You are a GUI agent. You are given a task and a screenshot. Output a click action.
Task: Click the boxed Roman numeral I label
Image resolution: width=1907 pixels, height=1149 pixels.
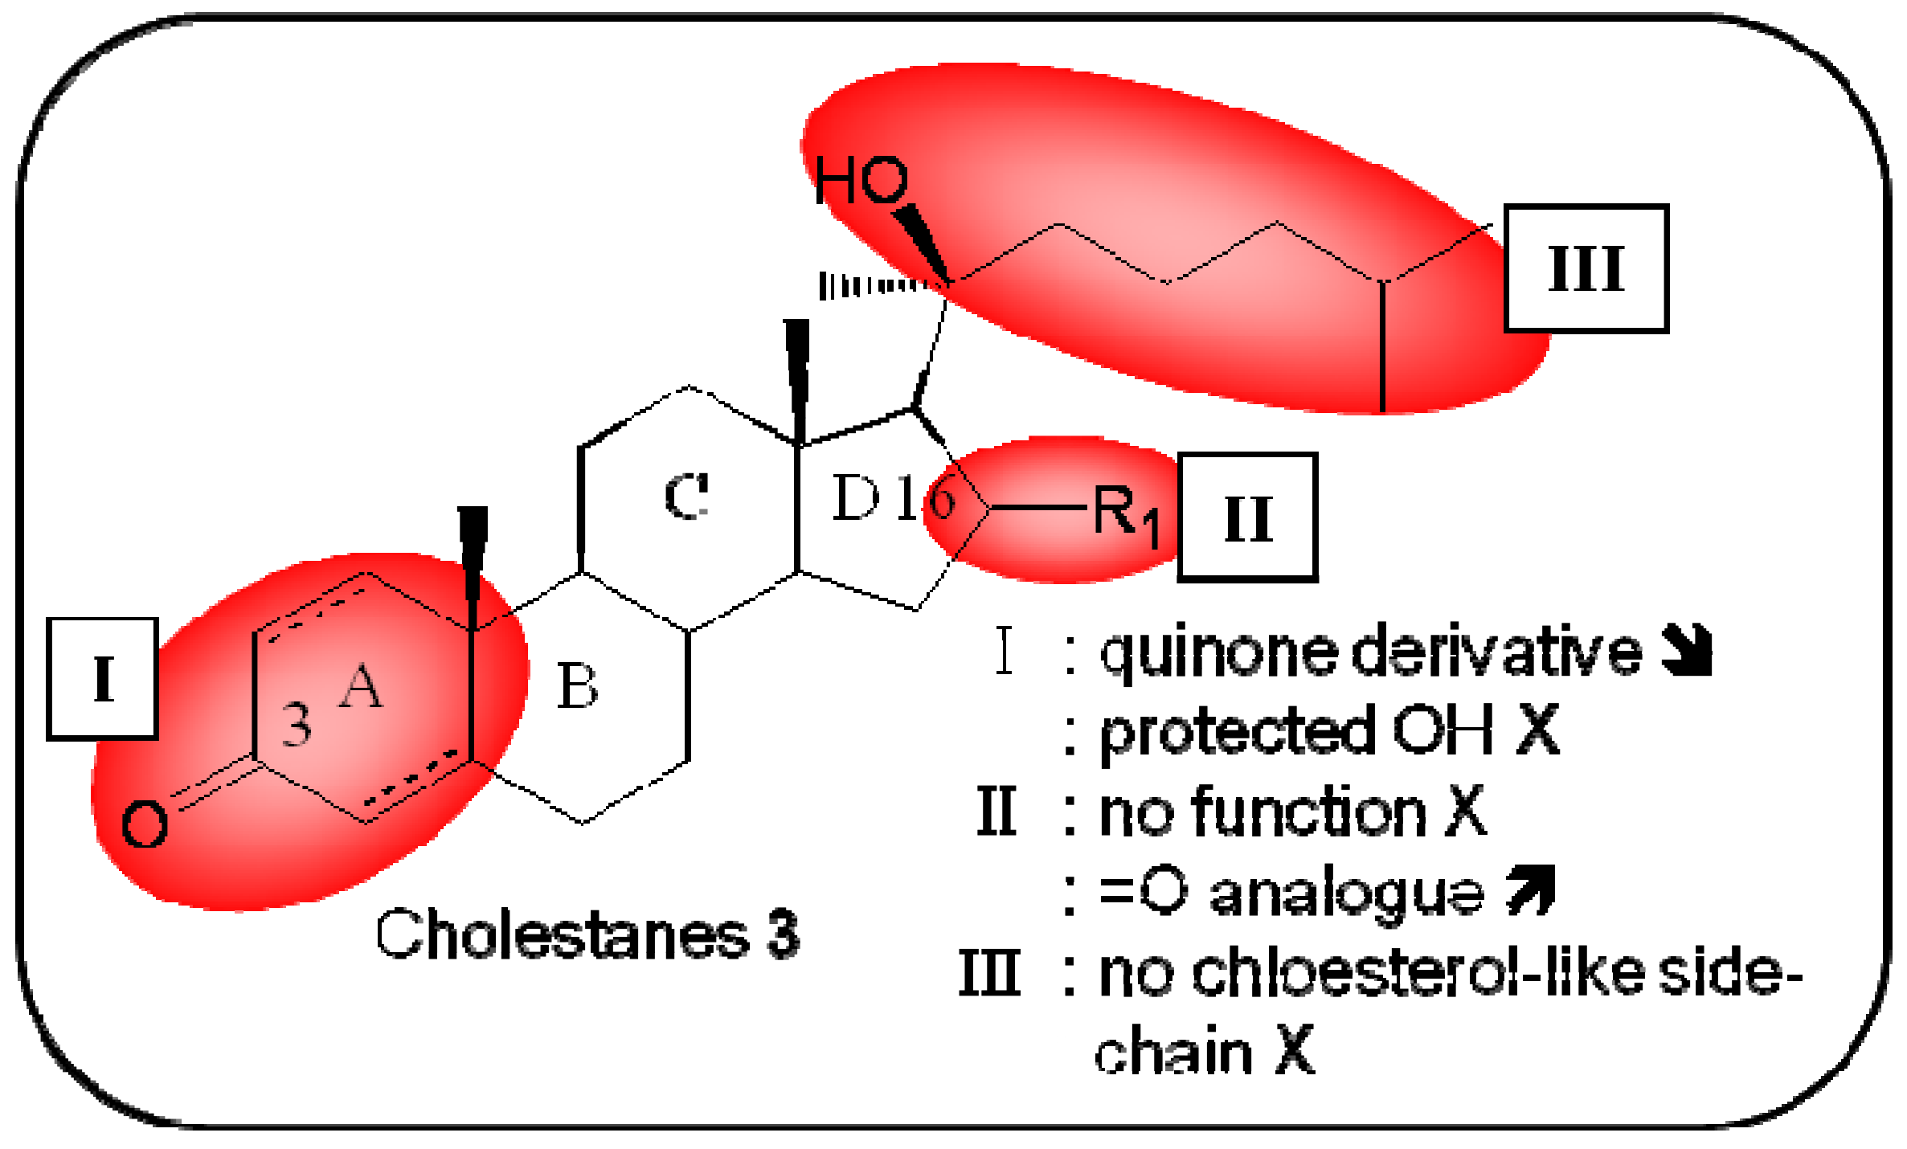coord(102,679)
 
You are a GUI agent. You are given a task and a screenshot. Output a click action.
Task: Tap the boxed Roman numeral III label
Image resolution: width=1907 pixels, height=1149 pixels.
coord(1586,268)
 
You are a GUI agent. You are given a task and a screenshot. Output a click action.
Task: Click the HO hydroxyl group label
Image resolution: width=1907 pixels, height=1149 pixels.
coord(861,179)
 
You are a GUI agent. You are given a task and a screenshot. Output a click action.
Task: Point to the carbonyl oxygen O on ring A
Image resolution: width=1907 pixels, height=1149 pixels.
coord(145,824)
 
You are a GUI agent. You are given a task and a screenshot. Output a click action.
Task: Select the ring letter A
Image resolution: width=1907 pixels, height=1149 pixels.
coord(361,687)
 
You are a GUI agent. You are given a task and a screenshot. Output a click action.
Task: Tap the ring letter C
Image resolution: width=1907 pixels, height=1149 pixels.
coord(687,496)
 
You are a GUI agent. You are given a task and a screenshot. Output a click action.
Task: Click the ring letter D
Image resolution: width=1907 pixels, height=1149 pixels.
coord(856,497)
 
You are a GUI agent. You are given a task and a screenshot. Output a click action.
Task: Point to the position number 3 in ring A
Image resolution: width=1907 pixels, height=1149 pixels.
coord(297,725)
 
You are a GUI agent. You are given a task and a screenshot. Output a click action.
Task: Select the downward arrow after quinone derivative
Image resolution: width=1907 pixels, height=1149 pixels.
coord(1686,650)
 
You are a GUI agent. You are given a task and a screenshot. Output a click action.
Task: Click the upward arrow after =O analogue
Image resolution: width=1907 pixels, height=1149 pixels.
coord(1531,890)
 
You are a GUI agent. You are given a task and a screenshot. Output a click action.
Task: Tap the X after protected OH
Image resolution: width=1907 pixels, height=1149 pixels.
coord(1538,730)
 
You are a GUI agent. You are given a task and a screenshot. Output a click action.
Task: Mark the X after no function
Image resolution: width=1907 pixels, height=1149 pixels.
coord(1466,812)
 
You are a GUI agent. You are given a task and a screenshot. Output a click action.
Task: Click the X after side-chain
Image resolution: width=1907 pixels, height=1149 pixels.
coord(1295,1049)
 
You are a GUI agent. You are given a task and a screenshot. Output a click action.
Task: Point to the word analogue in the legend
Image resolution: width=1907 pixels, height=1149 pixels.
coord(1347,893)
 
